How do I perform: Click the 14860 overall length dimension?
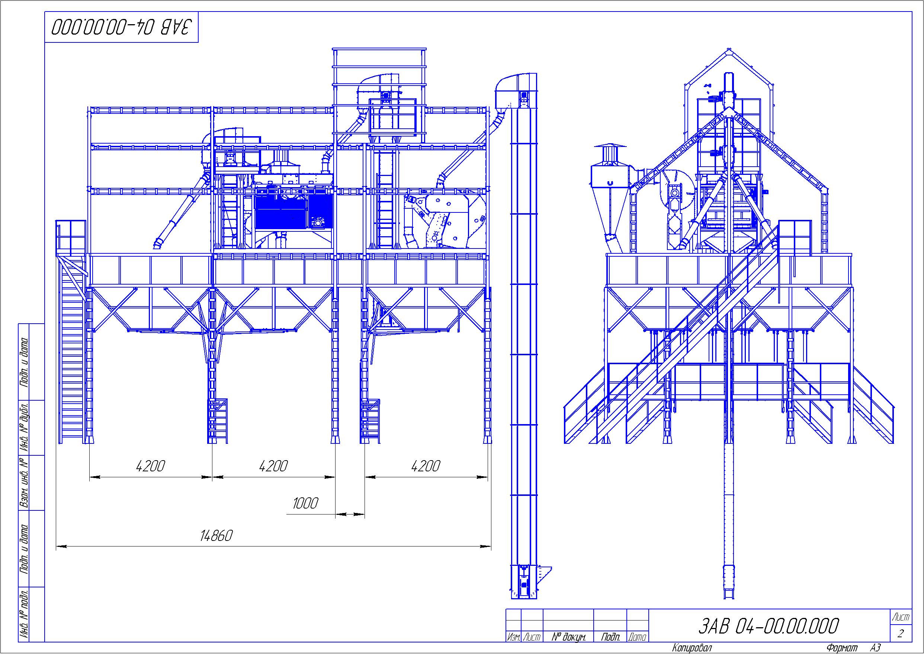point(216,536)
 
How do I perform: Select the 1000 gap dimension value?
point(305,503)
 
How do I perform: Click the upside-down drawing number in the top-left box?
point(121,28)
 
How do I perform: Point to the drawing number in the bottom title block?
point(768,626)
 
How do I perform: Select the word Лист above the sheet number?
point(901,617)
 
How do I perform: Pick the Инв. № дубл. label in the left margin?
point(25,427)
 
